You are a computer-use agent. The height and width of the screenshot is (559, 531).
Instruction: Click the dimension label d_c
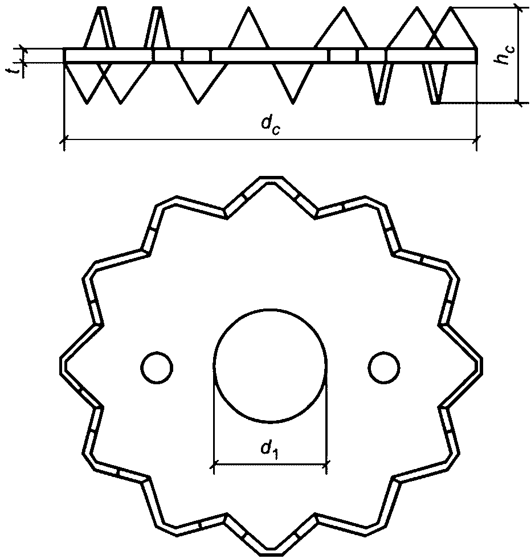[271, 125]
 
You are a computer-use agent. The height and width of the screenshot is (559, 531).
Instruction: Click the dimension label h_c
[503, 54]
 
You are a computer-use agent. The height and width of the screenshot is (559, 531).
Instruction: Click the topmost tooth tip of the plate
[271, 176]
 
